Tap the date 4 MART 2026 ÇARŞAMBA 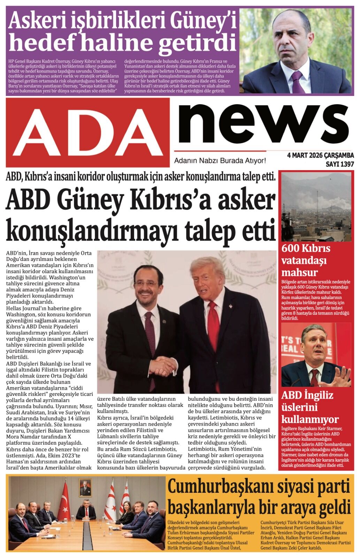click(x=320, y=155)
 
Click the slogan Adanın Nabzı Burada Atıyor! click(x=220, y=161)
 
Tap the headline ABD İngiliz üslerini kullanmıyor click(x=307, y=407)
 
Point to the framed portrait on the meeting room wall click(x=85, y=487)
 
